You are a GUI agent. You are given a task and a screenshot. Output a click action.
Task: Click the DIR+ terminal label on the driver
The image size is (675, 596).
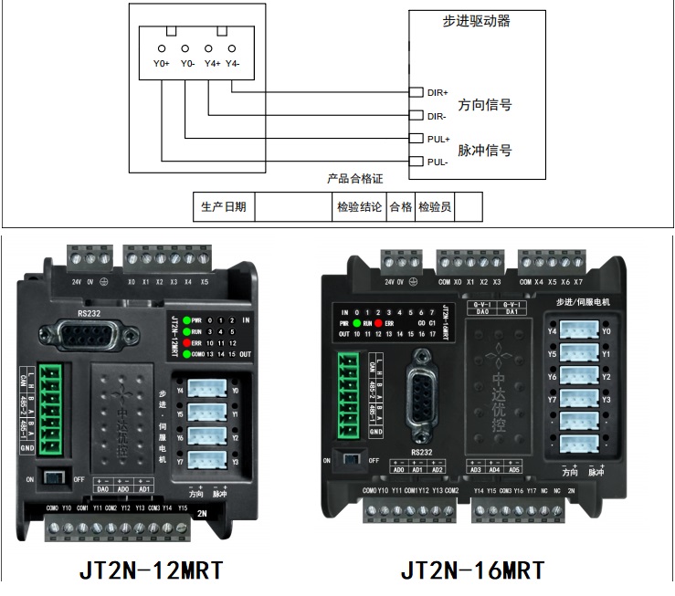[438, 92]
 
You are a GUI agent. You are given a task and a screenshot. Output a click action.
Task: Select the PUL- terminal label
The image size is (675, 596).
[438, 162]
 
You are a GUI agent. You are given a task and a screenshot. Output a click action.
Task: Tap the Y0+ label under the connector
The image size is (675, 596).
[161, 64]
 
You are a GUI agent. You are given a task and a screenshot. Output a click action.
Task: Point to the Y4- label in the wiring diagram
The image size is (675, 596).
[233, 64]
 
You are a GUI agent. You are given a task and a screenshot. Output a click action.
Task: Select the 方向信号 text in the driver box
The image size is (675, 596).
[484, 105]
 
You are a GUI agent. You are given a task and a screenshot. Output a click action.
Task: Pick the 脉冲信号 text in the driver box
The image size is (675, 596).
[484, 151]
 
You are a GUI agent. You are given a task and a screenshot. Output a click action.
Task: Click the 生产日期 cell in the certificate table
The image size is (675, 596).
[224, 207]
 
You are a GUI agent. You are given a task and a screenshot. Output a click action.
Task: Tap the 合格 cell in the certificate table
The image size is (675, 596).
[401, 207]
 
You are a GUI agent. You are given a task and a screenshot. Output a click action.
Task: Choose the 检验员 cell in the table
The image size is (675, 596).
[435, 207]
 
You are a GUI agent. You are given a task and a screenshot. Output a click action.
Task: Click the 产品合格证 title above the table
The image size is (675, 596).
[355, 180]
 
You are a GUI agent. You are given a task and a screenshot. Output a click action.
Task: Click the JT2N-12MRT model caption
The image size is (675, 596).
[151, 570]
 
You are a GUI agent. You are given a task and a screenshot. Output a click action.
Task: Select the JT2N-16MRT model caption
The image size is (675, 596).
[472, 570]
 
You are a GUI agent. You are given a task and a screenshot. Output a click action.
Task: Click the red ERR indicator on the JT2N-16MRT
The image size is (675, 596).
[377, 324]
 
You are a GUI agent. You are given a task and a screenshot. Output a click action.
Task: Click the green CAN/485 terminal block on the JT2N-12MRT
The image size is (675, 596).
[48, 406]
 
